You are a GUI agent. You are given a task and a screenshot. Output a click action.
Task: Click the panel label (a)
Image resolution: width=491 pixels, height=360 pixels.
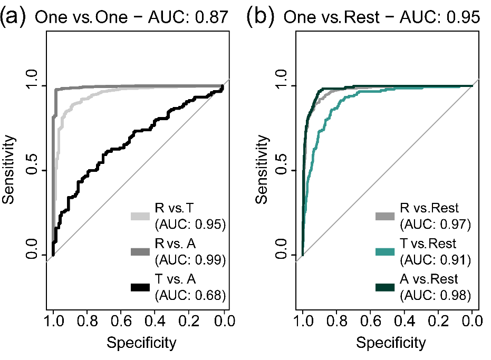pos(15,17)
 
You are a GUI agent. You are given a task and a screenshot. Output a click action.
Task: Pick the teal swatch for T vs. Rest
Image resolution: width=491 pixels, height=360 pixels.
pos(387,251)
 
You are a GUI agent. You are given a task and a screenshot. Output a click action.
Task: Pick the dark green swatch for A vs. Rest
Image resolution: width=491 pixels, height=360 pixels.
pos(387,287)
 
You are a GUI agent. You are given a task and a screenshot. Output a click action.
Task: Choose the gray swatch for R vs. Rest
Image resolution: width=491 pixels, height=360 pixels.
pos(387,216)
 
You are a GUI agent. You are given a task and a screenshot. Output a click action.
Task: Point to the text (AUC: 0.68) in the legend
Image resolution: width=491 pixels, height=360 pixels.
pos(190,295)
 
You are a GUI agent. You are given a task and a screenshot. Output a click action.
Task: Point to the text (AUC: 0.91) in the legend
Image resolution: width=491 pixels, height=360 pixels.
pos(435,260)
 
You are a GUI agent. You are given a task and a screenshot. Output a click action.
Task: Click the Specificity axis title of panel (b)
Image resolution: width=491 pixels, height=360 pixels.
pos(391,343)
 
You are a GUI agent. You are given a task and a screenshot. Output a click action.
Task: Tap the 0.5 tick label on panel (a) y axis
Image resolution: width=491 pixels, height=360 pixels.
pos(32,170)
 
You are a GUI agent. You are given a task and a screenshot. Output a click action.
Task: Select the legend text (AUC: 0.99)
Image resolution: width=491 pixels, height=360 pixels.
pos(190,260)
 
